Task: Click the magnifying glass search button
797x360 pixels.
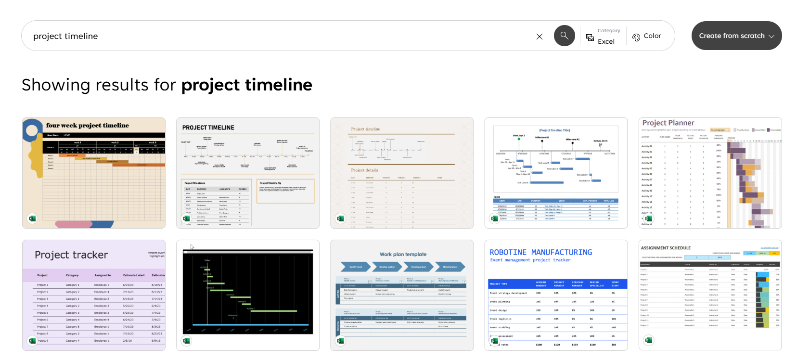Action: click(x=564, y=36)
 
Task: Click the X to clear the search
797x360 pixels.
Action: click(x=540, y=37)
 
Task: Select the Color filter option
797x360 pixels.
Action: click(x=647, y=36)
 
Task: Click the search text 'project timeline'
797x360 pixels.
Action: click(x=65, y=36)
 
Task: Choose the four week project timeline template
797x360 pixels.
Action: click(x=94, y=173)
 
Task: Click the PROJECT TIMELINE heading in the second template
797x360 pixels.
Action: click(x=208, y=128)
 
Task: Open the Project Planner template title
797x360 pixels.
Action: click(x=668, y=123)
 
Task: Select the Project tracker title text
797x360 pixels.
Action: click(x=71, y=255)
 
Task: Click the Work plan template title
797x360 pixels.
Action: click(x=403, y=254)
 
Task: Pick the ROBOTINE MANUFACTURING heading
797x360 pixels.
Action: click(x=540, y=252)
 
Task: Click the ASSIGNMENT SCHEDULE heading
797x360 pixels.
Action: click(x=666, y=248)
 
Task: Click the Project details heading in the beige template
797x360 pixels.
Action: click(x=364, y=170)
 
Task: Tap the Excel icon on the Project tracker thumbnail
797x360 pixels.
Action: click(x=32, y=341)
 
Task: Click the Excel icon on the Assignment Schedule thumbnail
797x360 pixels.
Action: click(x=648, y=340)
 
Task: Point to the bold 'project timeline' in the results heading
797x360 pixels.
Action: click(x=246, y=85)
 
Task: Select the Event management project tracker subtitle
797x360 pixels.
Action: click(x=530, y=260)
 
